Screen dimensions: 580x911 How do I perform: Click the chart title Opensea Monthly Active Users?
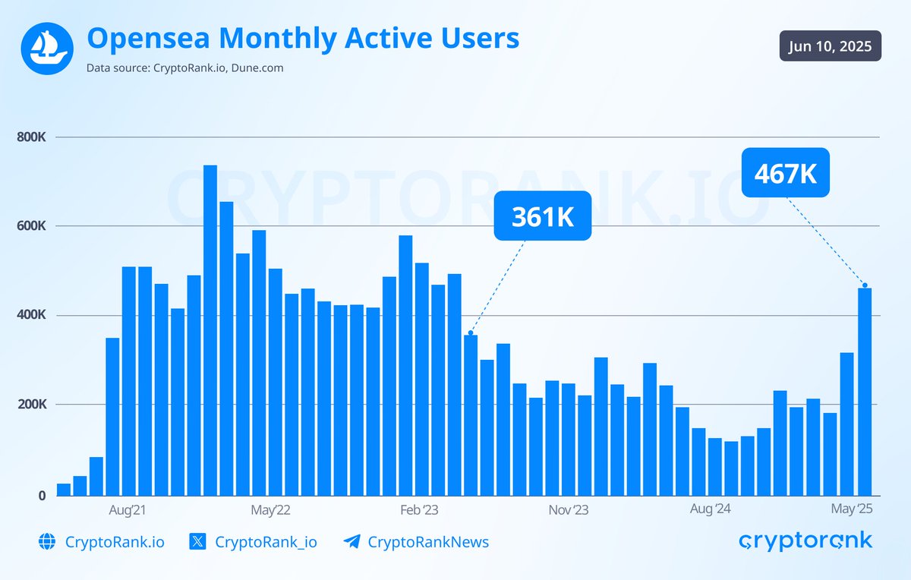click(x=303, y=38)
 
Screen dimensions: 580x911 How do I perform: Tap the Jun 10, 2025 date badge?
click(x=830, y=46)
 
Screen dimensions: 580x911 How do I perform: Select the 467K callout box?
click(x=785, y=173)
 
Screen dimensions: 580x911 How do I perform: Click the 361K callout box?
click(x=542, y=216)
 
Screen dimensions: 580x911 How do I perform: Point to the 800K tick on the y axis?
click(x=31, y=137)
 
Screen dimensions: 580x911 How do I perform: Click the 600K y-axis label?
click(x=31, y=226)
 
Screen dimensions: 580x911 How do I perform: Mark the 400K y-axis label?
click(x=31, y=315)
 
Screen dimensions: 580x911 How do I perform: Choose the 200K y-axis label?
click(x=31, y=405)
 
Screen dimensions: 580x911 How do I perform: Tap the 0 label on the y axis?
click(x=42, y=496)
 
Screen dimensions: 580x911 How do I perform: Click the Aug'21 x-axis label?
click(x=128, y=509)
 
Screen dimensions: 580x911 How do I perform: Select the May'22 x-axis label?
click(x=271, y=509)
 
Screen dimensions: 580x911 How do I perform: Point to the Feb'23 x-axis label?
click(x=419, y=509)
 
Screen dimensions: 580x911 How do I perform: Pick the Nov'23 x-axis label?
click(x=569, y=509)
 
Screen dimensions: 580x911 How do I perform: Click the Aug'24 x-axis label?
click(x=711, y=509)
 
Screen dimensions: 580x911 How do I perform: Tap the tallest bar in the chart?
click(x=210, y=330)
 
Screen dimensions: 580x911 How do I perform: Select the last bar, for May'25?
click(x=864, y=391)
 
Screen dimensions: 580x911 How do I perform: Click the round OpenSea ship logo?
click(x=46, y=48)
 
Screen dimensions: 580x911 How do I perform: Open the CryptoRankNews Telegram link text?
click(x=428, y=542)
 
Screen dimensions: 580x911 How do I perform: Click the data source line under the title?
click(x=185, y=68)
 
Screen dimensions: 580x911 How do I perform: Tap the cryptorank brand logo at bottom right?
click(x=805, y=541)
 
